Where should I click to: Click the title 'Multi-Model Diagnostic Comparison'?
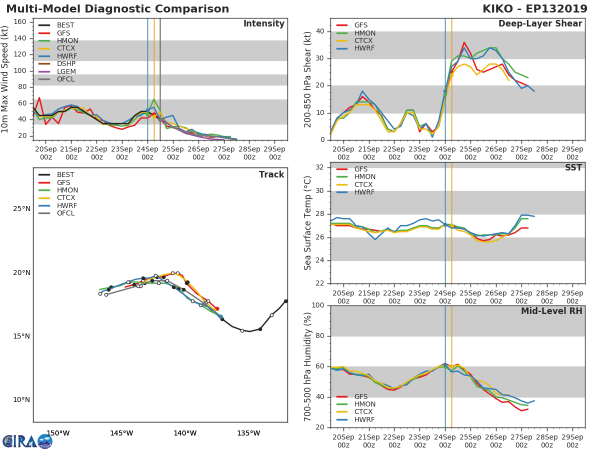tap(117, 9)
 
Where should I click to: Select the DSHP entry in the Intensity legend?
tap(66, 64)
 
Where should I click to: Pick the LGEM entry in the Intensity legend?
tap(66, 71)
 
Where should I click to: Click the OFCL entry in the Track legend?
tap(65, 213)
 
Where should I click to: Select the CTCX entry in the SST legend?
tap(364, 184)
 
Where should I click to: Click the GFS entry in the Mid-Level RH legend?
tap(361, 396)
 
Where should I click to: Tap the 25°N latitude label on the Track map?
tap(21, 209)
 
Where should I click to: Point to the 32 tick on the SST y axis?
tap(321, 167)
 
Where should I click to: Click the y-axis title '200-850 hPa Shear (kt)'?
tap(308, 79)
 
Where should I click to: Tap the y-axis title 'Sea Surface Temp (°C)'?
tap(308, 223)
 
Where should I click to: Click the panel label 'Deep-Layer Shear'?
tap(540, 24)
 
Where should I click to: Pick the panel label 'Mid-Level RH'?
tap(551, 311)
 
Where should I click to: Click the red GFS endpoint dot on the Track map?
tap(217, 309)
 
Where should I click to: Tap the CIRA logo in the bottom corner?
tap(27, 441)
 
